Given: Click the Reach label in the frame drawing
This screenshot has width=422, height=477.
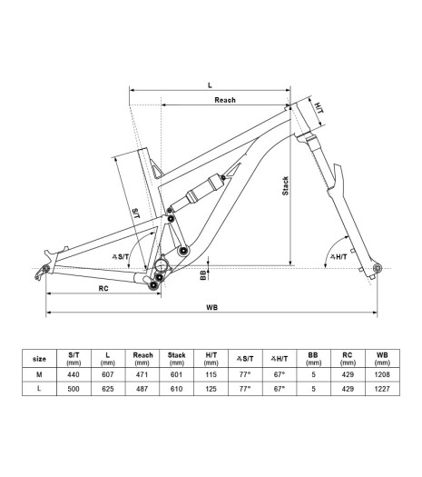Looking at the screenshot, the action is point(225,100).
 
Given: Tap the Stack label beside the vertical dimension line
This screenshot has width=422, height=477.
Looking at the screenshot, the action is point(285,186).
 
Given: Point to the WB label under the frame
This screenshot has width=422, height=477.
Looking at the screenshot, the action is point(212,308).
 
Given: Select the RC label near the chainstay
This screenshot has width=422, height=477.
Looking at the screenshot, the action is point(103,288).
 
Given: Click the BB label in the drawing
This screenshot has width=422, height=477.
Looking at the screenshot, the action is point(203,275).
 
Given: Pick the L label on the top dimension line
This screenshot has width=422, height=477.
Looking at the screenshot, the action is point(210,85).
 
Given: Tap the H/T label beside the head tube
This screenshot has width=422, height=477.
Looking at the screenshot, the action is point(319,108).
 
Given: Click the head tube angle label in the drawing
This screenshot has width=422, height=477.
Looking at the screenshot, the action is point(339,257).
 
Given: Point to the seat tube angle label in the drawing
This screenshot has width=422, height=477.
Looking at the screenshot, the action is point(121,257).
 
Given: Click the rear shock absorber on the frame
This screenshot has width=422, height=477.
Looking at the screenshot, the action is point(196,194).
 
